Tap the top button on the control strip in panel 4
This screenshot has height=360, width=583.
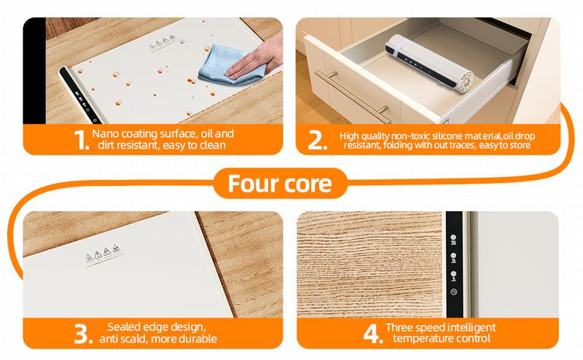tap(453, 237)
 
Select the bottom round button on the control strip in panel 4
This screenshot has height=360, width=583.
tap(453, 293)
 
